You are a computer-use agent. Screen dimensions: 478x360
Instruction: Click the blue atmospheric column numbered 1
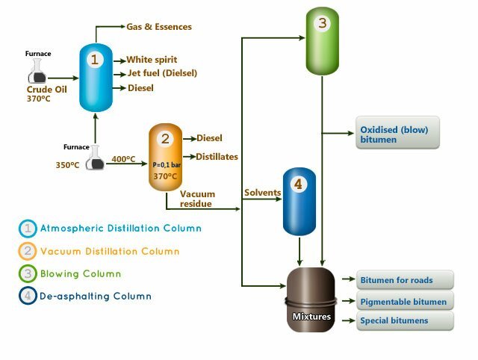pos(96,78)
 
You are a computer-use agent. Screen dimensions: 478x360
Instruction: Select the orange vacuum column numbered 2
pos(165,157)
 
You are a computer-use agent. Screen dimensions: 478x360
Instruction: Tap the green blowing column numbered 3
pos(322,41)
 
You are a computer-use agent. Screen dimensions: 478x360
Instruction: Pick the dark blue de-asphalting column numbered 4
pos(299,202)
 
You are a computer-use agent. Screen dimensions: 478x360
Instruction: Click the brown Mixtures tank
pos(311,300)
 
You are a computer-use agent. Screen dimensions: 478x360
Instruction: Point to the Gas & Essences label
pos(159,27)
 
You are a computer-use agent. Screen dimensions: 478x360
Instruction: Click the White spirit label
pos(152,60)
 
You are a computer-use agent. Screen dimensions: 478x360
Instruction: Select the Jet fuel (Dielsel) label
pos(163,73)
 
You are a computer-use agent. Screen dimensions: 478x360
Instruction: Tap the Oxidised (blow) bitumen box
pos(397,133)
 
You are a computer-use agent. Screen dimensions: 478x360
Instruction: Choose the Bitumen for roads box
pos(405,280)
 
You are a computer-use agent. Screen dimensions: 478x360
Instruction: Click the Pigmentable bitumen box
pos(405,301)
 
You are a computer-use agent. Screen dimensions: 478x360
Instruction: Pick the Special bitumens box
pos(405,320)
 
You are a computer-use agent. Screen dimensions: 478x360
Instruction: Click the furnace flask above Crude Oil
pos(37,72)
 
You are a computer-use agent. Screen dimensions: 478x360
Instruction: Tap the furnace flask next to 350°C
pos(95,158)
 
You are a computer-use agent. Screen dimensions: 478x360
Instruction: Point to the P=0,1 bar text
pos(167,165)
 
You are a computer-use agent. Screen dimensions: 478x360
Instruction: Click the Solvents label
pos(262,193)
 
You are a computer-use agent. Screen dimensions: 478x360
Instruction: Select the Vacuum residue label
pos(197,199)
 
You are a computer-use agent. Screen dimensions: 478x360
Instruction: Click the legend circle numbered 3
pos(28,273)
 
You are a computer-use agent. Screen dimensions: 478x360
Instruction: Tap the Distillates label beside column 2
pos(217,157)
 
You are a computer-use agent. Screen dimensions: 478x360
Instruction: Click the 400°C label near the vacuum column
pos(123,159)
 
